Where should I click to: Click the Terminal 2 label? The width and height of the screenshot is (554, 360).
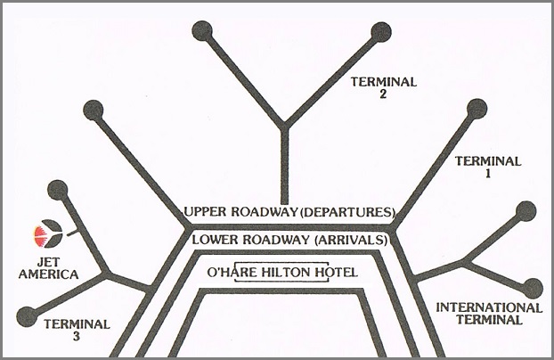[384, 86]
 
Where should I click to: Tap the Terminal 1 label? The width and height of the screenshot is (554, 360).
[487, 168]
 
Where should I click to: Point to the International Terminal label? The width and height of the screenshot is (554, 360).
[488, 313]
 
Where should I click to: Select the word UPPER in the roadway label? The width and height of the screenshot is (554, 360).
[210, 212]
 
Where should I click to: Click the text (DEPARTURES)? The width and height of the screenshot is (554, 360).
[345, 212]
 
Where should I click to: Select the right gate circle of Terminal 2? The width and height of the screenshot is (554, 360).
[381, 33]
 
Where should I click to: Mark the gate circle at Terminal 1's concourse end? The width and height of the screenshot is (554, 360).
[477, 109]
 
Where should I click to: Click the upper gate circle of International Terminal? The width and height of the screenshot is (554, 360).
[525, 211]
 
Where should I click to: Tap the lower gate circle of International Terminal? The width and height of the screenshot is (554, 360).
[533, 287]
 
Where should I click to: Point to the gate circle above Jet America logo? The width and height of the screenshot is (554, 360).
[57, 189]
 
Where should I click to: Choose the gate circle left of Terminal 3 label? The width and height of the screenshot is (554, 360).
[28, 315]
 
